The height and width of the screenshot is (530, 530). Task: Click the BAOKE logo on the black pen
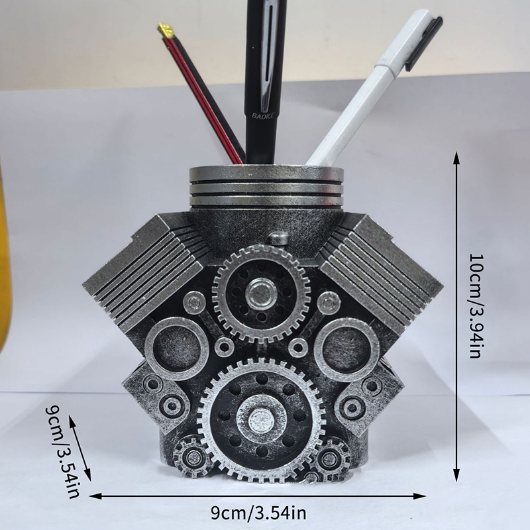pyautogui.click(x=263, y=115)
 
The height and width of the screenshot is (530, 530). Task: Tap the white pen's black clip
pyautogui.click(x=424, y=43)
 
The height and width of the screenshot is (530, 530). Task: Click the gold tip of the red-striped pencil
pyautogui.click(x=166, y=30)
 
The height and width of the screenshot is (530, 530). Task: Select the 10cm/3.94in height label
pyautogui.click(x=476, y=306)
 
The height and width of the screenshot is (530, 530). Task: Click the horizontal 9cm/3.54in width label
pyautogui.click(x=258, y=513)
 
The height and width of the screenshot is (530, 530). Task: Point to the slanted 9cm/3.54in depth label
pyautogui.click(x=62, y=452)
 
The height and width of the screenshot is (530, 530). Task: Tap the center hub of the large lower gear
pyautogui.click(x=261, y=419)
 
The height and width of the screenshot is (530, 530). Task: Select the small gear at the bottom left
pyautogui.click(x=193, y=456)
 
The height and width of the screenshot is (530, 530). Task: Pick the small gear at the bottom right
pyautogui.click(x=329, y=458)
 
